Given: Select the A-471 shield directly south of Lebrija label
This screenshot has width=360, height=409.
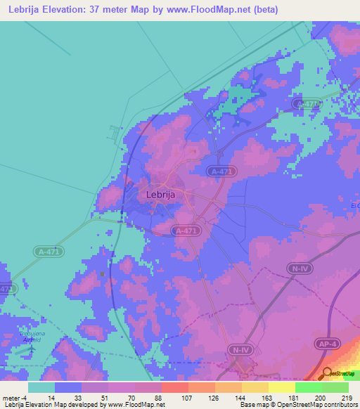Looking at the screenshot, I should [186, 230].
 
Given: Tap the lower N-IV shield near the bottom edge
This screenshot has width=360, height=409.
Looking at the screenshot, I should [237, 348].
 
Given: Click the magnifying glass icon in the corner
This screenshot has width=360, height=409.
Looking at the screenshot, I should [328, 372].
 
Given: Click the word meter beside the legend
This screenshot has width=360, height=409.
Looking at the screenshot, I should [13, 397].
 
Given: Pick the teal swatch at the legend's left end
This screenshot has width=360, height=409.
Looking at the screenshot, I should [41, 387].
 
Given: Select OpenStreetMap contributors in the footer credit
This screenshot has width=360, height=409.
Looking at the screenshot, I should [319, 405].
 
